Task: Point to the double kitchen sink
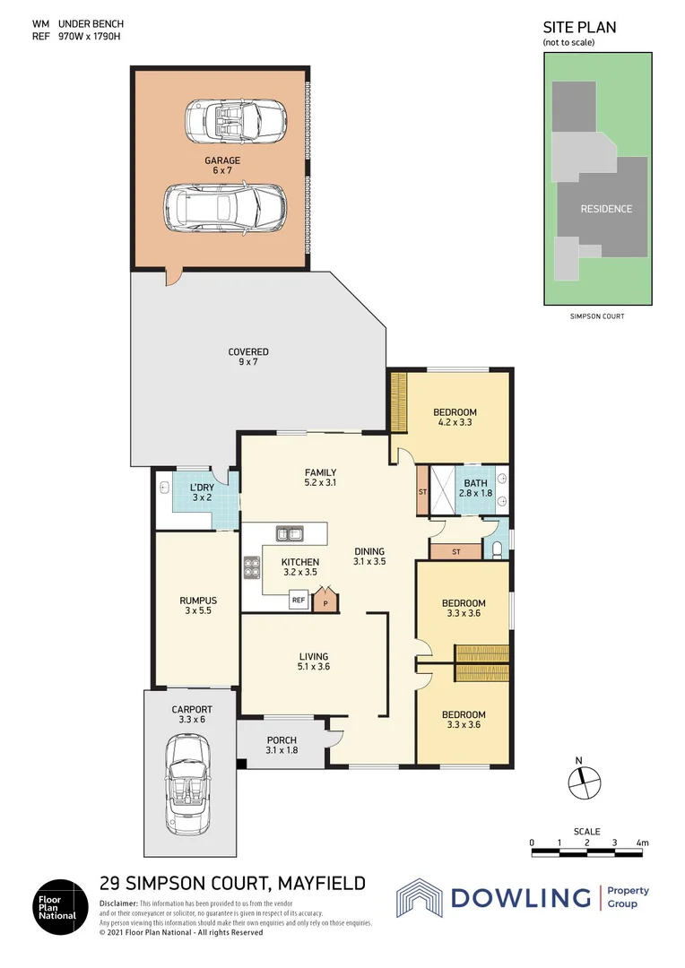coord(290,534)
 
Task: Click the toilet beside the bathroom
coord(498,549)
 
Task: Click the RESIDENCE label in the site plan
coord(606,209)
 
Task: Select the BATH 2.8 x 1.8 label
coord(475,488)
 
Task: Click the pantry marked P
coord(325,602)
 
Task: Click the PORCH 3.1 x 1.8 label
coord(282,745)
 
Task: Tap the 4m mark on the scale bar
coord(642,843)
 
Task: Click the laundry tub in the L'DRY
coord(164,489)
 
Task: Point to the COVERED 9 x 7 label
coord(247,357)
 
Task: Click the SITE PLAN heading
coord(579,28)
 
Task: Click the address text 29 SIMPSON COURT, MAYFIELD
coord(232,884)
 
